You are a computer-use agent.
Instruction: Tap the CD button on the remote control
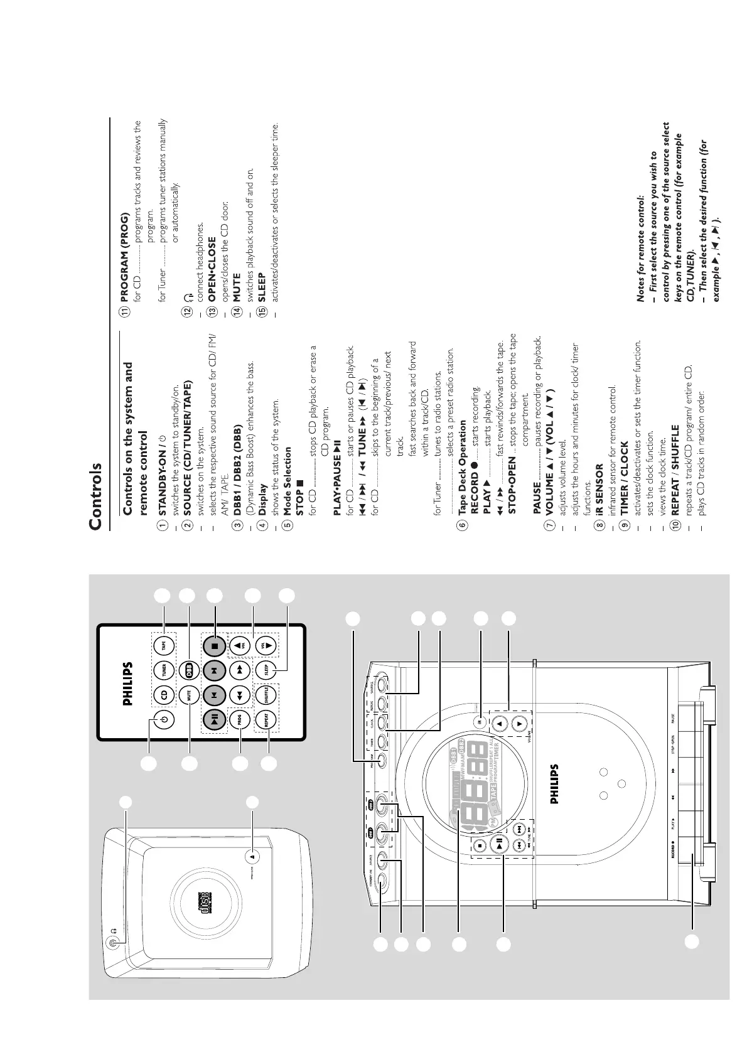164,695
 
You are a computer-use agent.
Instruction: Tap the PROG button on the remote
240,720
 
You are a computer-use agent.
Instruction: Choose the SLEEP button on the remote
267,670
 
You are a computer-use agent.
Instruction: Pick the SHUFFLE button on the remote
267,695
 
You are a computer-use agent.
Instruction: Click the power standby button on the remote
164,721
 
